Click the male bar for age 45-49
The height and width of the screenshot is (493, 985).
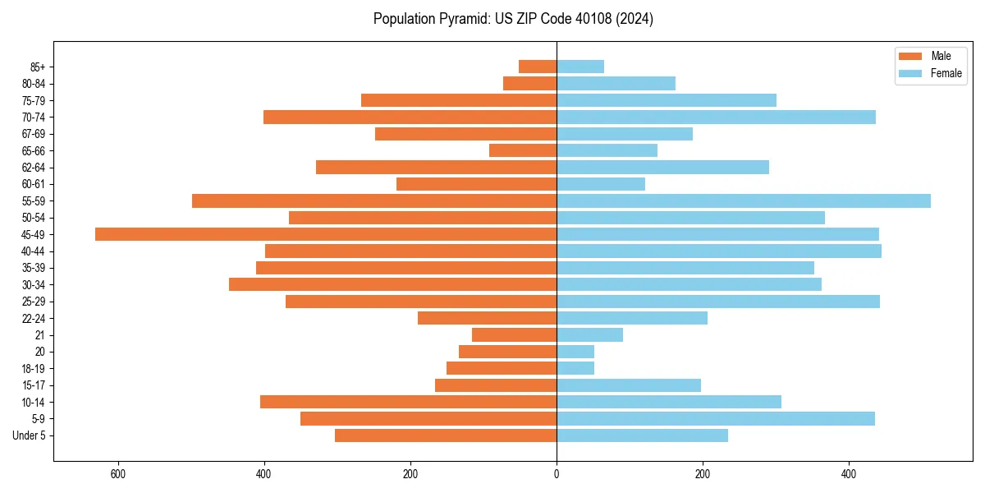[326, 234]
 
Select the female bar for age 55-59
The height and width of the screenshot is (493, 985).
[744, 200]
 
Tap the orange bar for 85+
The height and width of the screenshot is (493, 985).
[538, 67]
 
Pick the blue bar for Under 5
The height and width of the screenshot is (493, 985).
[642, 435]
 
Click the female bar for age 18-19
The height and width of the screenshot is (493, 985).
[575, 368]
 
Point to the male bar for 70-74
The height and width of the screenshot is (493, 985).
[410, 117]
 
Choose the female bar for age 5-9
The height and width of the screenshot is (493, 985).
[716, 418]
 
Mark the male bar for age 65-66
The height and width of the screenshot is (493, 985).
[523, 150]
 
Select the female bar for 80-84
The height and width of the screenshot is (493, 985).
[616, 83]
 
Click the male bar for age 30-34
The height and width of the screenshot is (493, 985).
[393, 284]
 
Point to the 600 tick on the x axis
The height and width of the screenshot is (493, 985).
[118, 474]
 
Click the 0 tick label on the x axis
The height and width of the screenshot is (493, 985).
[557, 474]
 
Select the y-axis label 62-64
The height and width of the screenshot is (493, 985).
[34, 168]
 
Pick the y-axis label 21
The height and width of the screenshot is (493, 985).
[40, 335]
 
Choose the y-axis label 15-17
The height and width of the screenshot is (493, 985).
[34, 385]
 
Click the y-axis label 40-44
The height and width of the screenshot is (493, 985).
[34, 251]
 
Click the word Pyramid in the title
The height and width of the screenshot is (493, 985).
[460, 19]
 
